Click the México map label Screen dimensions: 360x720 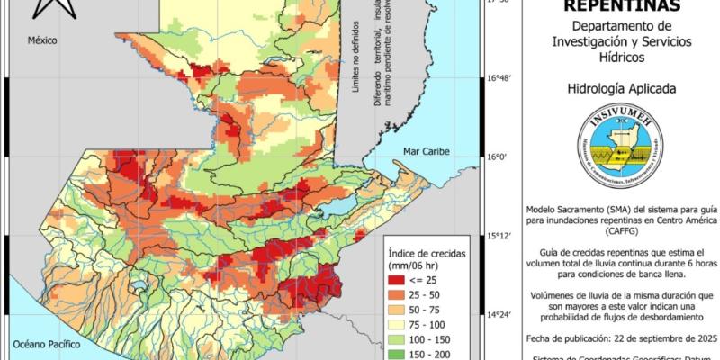tap(41, 41)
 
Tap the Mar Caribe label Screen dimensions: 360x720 tap(426, 150)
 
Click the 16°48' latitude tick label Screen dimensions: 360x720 tap(500, 79)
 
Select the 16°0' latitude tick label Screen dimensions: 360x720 tap(498, 157)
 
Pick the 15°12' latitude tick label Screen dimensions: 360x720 tap(500, 237)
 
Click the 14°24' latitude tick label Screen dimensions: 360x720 tap(500, 315)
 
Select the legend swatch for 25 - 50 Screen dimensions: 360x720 tap(399, 295)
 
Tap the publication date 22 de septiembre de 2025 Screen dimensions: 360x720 tap(655, 337)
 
